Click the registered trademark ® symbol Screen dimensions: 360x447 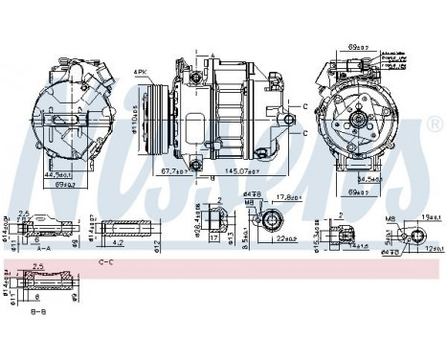pyautogui.click(x=435, y=125)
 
